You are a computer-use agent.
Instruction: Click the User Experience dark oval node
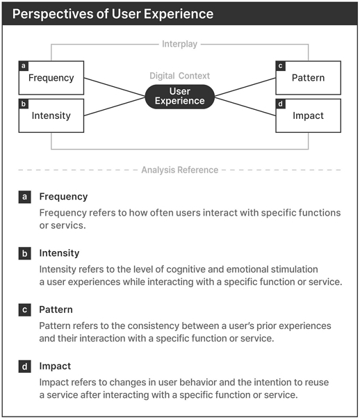point(180,97)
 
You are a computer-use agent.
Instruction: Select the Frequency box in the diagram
point(51,78)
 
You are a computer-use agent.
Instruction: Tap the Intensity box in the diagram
point(51,115)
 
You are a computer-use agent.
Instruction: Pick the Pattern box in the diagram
point(309,78)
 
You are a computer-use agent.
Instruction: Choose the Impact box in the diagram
point(309,115)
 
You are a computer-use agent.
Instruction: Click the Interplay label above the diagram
point(179,44)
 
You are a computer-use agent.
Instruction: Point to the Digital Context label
point(179,76)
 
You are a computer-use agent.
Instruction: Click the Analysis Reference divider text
point(180,170)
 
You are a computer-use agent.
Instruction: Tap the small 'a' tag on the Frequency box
point(24,66)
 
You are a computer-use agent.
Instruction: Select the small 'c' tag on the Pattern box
point(280,66)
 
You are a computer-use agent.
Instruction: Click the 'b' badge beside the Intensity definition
point(25,253)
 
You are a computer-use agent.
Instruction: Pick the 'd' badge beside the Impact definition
point(25,367)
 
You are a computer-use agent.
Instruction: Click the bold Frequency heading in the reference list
point(63,197)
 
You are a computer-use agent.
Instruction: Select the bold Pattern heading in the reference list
point(56,310)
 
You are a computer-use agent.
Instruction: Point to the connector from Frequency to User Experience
point(115,87)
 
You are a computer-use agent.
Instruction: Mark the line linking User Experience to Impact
point(245,106)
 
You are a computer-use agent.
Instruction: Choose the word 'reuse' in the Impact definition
point(317,383)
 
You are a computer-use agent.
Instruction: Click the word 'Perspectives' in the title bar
point(53,14)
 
